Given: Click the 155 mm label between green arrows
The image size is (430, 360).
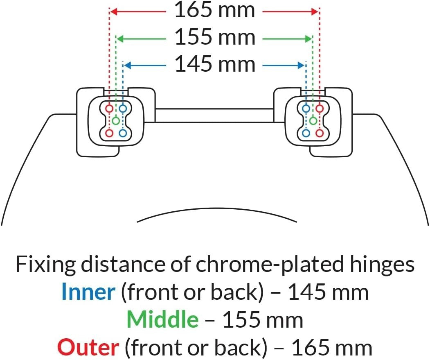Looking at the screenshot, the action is pos(215,37).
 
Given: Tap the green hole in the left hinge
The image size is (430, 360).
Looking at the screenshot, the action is pos(116,120).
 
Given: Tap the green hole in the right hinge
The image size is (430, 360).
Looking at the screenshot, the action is pos(313,120).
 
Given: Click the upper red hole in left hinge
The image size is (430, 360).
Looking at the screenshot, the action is pos(109,109).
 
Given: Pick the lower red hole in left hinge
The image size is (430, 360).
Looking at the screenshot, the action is pos(109,133).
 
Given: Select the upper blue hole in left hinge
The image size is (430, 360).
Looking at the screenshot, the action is pos(123,109).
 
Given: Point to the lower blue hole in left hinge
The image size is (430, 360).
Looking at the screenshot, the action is pos(123,133).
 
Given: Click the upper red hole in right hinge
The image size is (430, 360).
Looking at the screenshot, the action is pos(320,109).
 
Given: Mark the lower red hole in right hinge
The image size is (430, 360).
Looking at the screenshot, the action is pos(320,133).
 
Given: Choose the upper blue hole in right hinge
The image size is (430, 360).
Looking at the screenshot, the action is pos(306,109).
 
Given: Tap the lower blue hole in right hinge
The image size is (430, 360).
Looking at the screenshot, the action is pos(306,133).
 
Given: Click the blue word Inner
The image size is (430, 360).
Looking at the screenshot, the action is pos(88,291).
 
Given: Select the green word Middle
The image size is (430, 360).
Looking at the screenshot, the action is pos(162,319).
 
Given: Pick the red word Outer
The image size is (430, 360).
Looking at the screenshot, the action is pos(88,347).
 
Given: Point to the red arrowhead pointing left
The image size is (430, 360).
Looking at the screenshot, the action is pos(114,11).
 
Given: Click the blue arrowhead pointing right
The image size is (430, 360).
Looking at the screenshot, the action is pos(301,66).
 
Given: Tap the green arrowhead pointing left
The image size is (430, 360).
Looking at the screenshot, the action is pos(121,39).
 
